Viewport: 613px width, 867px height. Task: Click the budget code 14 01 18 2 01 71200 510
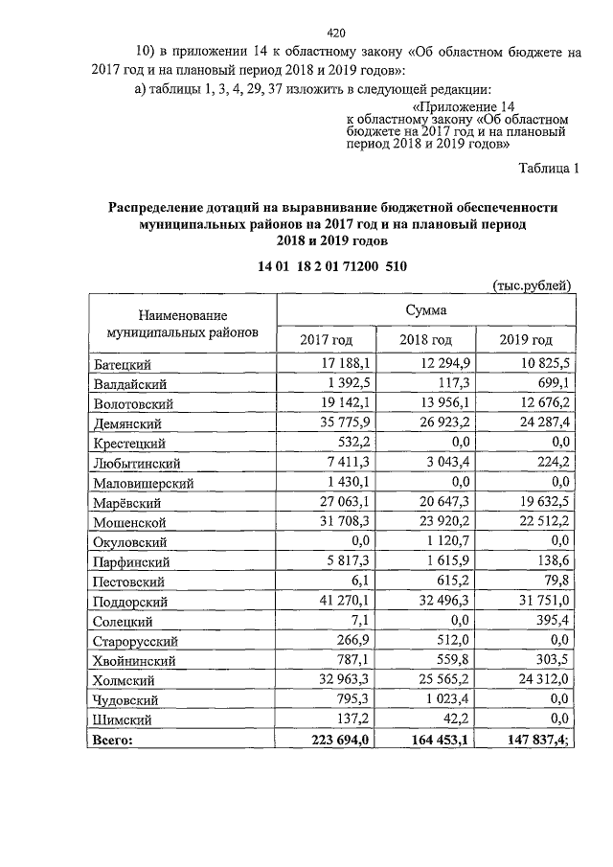pos(332,267)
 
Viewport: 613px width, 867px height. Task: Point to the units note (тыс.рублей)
pos(532,285)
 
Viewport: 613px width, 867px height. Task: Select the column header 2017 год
pos(326,340)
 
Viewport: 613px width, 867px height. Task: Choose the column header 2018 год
pos(426,340)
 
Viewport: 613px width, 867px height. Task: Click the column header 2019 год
pos(526,340)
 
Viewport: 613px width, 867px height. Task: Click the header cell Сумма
pos(425,309)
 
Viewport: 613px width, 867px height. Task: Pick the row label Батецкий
pos(125,364)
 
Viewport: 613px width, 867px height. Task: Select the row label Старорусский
pos(138,641)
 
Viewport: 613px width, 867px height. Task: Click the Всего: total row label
pos(114,740)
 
